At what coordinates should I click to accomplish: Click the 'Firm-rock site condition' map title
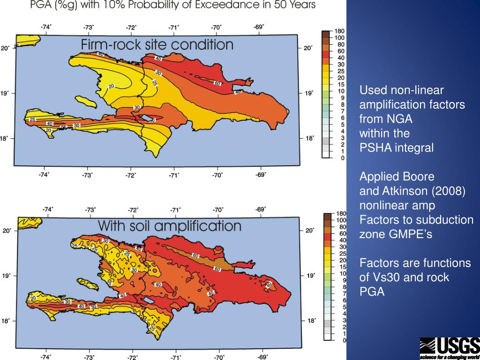(x=157, y=45)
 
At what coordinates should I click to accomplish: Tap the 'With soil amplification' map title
(x=169, y=226)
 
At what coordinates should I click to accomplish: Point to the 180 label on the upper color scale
(x=339, y=31)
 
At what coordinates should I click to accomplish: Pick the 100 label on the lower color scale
(x=341, y=220)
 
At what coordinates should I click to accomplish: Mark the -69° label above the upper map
(x=259, y=27)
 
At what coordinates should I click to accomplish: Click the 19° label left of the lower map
(x=6, y=276)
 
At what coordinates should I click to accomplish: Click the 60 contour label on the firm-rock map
(x=217, y=83)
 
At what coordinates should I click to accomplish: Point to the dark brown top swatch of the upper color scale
(x=326, y=34)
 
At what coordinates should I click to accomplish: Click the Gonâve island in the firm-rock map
(x=85, y=100)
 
